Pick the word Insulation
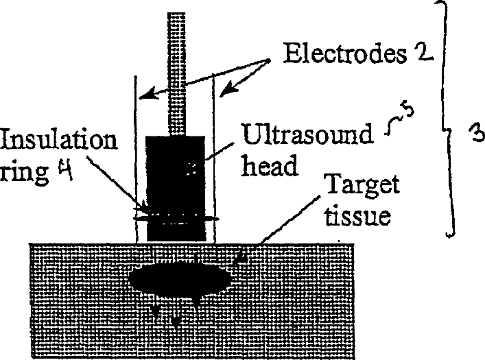pos(59,141)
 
